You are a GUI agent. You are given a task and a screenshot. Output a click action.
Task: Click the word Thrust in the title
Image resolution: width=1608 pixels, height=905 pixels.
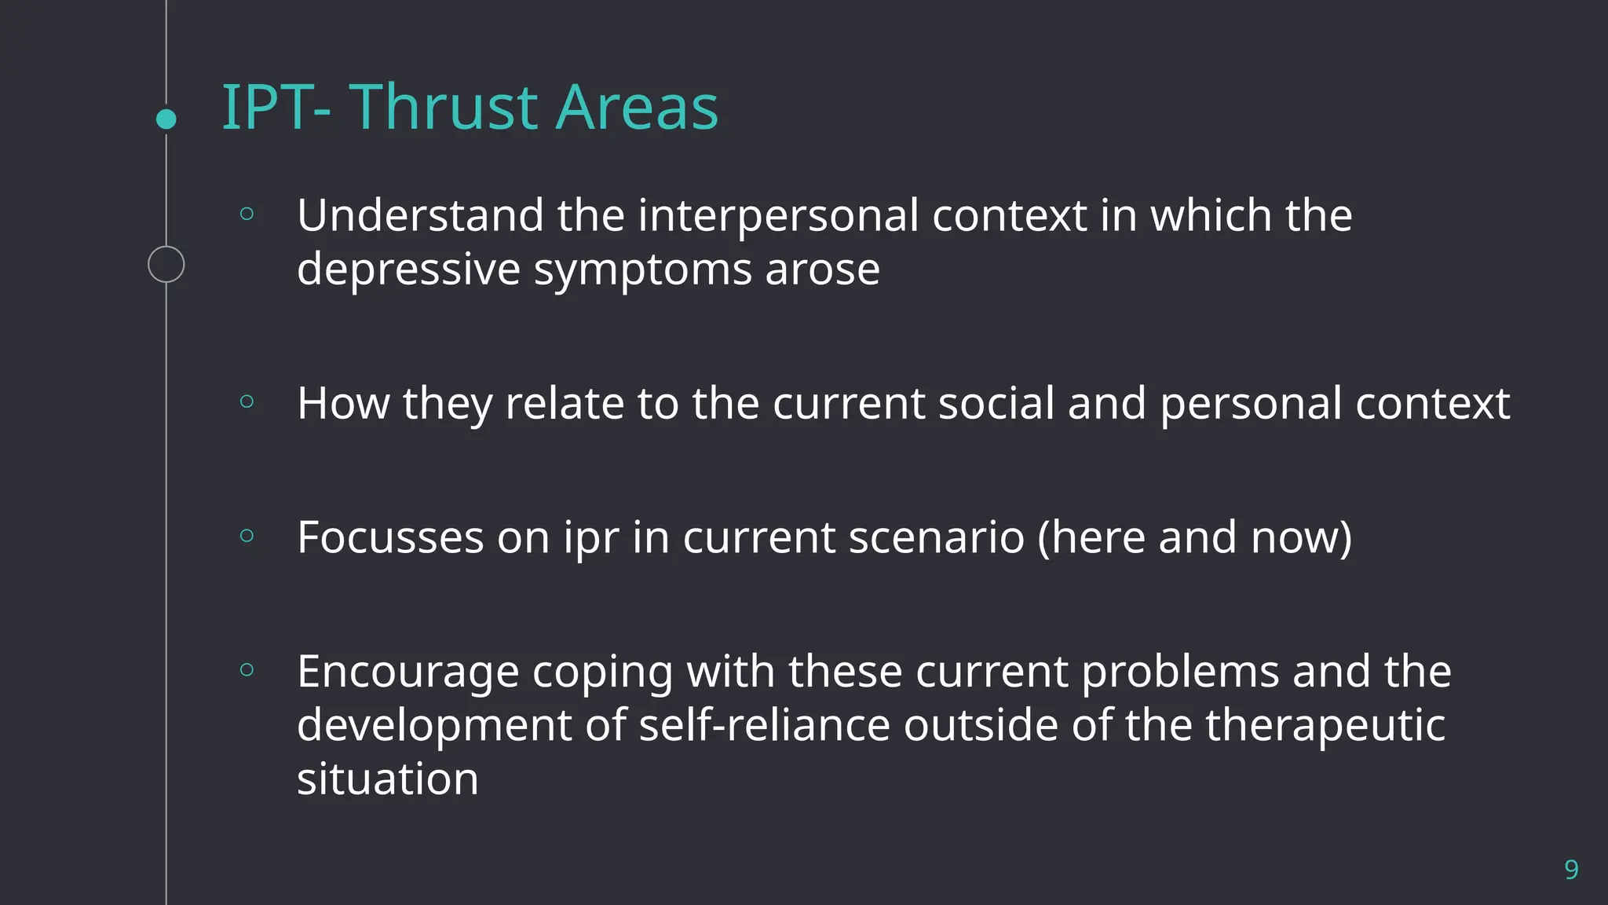tap(444, 108)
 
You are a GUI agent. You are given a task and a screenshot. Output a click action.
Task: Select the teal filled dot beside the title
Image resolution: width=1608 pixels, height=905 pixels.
tap(166, 119)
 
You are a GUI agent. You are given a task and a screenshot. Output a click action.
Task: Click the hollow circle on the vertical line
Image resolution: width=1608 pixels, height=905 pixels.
tap(166, 264)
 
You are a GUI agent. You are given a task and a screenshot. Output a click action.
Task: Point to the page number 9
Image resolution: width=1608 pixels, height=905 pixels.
tap(1571, 870)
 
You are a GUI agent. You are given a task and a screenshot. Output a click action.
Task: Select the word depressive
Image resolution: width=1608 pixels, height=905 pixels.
tap(408, 269)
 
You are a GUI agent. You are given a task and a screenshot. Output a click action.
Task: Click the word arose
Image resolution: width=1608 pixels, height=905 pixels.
tap(822, 269)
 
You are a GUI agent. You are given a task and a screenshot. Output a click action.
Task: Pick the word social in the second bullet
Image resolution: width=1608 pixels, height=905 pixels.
tap(996, 404)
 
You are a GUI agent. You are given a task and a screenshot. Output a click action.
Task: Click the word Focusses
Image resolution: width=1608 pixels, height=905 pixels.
tap(389, 538)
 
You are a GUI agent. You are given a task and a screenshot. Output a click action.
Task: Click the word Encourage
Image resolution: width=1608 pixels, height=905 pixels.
tap(407, 672)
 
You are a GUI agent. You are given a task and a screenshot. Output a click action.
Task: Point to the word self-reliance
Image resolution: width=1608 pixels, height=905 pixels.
tap(764, 724)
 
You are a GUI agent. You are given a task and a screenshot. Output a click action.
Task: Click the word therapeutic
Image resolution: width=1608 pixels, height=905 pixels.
tap(1325, 726)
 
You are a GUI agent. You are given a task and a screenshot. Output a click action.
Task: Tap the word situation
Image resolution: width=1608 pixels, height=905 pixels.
tap(387, 779)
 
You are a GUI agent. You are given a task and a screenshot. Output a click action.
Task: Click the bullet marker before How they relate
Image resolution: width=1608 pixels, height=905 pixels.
tap(247, 401)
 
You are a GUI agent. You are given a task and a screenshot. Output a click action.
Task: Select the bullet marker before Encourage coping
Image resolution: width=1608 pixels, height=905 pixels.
tap(247, 669)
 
